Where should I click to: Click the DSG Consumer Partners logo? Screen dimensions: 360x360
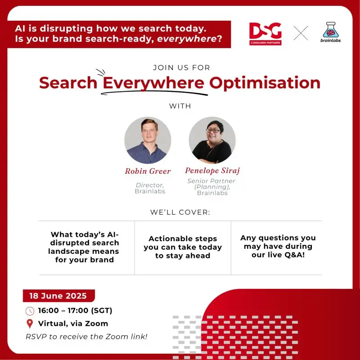click(x=265, y=34)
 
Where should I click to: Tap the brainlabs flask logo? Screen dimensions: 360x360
click(x=330, y=32)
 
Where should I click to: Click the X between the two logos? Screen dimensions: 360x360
click(x=301, y=33)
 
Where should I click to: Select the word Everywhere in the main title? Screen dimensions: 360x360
click(x=153, y=83)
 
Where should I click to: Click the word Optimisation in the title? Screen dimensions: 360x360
click(x=265, y=83)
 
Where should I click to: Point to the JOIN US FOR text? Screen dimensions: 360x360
click(x=182, y=67)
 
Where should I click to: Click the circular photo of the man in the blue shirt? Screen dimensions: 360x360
click(x=148, y=140)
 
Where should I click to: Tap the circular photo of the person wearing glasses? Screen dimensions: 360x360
click(x=212, y=140)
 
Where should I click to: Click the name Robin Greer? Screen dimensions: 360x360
click(x=148, y=171)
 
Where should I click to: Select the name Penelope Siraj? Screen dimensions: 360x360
click(x=212, y=171)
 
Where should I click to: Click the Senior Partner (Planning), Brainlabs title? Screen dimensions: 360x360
click(x=211, y=187)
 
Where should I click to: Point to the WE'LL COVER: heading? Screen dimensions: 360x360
click(x=180, y=212)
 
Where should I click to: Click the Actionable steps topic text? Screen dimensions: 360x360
click(x=183, y=247)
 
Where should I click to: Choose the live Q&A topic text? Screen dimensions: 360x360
click(x=278, y=246)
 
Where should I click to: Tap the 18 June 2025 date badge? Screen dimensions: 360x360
click(x=59, y=296)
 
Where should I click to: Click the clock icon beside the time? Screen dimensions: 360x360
click(x=30, y=311)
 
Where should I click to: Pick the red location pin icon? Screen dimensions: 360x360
click(x=30, y=324)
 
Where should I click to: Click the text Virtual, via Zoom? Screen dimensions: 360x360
click(x=73, y=324)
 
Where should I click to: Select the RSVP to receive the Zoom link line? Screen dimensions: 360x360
click(x=86, y=337)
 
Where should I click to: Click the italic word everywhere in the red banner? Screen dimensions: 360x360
click(x=187, y=39)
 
